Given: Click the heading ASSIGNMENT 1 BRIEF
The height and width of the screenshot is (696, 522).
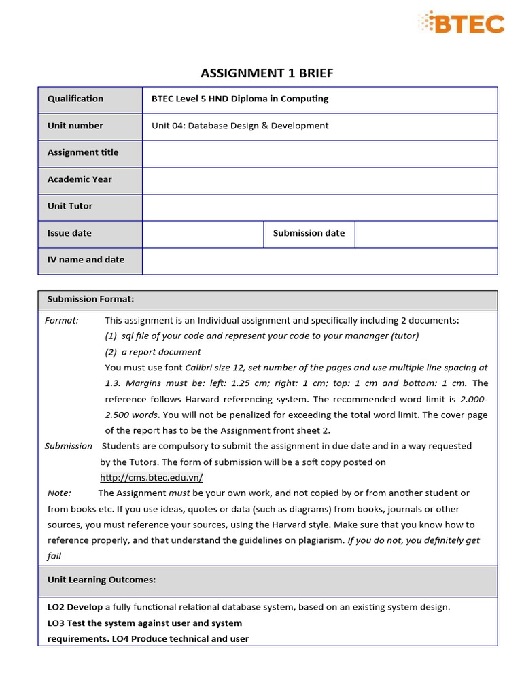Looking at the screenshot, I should point(267,73).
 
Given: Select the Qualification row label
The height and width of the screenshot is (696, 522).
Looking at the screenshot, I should point(75,99).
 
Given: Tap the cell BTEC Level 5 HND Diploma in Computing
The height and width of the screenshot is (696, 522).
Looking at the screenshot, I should point(240,99).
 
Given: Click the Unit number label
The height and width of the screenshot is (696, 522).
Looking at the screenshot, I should point(75,126).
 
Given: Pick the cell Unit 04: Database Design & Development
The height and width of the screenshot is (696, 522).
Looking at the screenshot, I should point(240,126).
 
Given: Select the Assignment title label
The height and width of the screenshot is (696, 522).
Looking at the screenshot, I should point(83,152).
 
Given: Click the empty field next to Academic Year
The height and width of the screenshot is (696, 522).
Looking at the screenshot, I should point(319,180).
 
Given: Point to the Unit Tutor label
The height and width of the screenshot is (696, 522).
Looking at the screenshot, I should point(70,206).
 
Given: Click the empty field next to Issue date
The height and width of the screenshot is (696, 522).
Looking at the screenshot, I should point(203,233).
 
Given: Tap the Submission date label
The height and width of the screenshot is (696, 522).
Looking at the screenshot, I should point(309,233).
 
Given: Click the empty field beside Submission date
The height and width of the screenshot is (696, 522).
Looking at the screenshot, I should point(425,233).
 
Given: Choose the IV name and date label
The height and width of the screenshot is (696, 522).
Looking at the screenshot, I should point(86,260).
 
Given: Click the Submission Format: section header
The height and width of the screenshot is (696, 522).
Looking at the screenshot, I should point(90,299).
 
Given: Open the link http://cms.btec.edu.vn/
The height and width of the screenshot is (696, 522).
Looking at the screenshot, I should point(152,478).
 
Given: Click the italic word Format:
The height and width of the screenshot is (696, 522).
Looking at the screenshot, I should point(62,320).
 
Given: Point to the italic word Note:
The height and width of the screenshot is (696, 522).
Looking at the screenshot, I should point(59,493).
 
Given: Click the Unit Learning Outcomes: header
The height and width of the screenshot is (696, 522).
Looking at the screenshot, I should point(101,580).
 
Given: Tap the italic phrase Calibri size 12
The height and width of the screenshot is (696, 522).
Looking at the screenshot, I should point(218,368).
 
